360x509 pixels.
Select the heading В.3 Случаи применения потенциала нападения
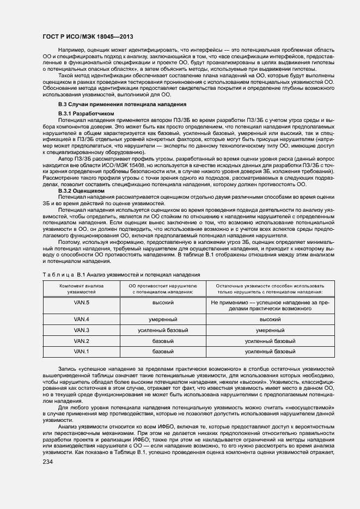tap(123, 103)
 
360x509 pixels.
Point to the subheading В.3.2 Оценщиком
tap(81, 191)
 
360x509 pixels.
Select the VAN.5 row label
tap(82, 303)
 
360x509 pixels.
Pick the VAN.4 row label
tap(82, 319)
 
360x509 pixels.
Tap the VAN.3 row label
tap(82, 330)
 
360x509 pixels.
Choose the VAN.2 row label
tap(82, 341)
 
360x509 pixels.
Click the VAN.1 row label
tap(82, 352)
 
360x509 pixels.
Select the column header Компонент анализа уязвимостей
tap(82, 289)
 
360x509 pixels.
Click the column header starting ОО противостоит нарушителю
tap(163, 289)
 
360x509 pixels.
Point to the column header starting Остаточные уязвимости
tap(270, 289)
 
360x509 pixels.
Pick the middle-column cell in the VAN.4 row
tap(163, 319)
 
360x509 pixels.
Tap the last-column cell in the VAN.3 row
tap(270, 330)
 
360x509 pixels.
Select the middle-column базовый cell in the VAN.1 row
tap(163, 352)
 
